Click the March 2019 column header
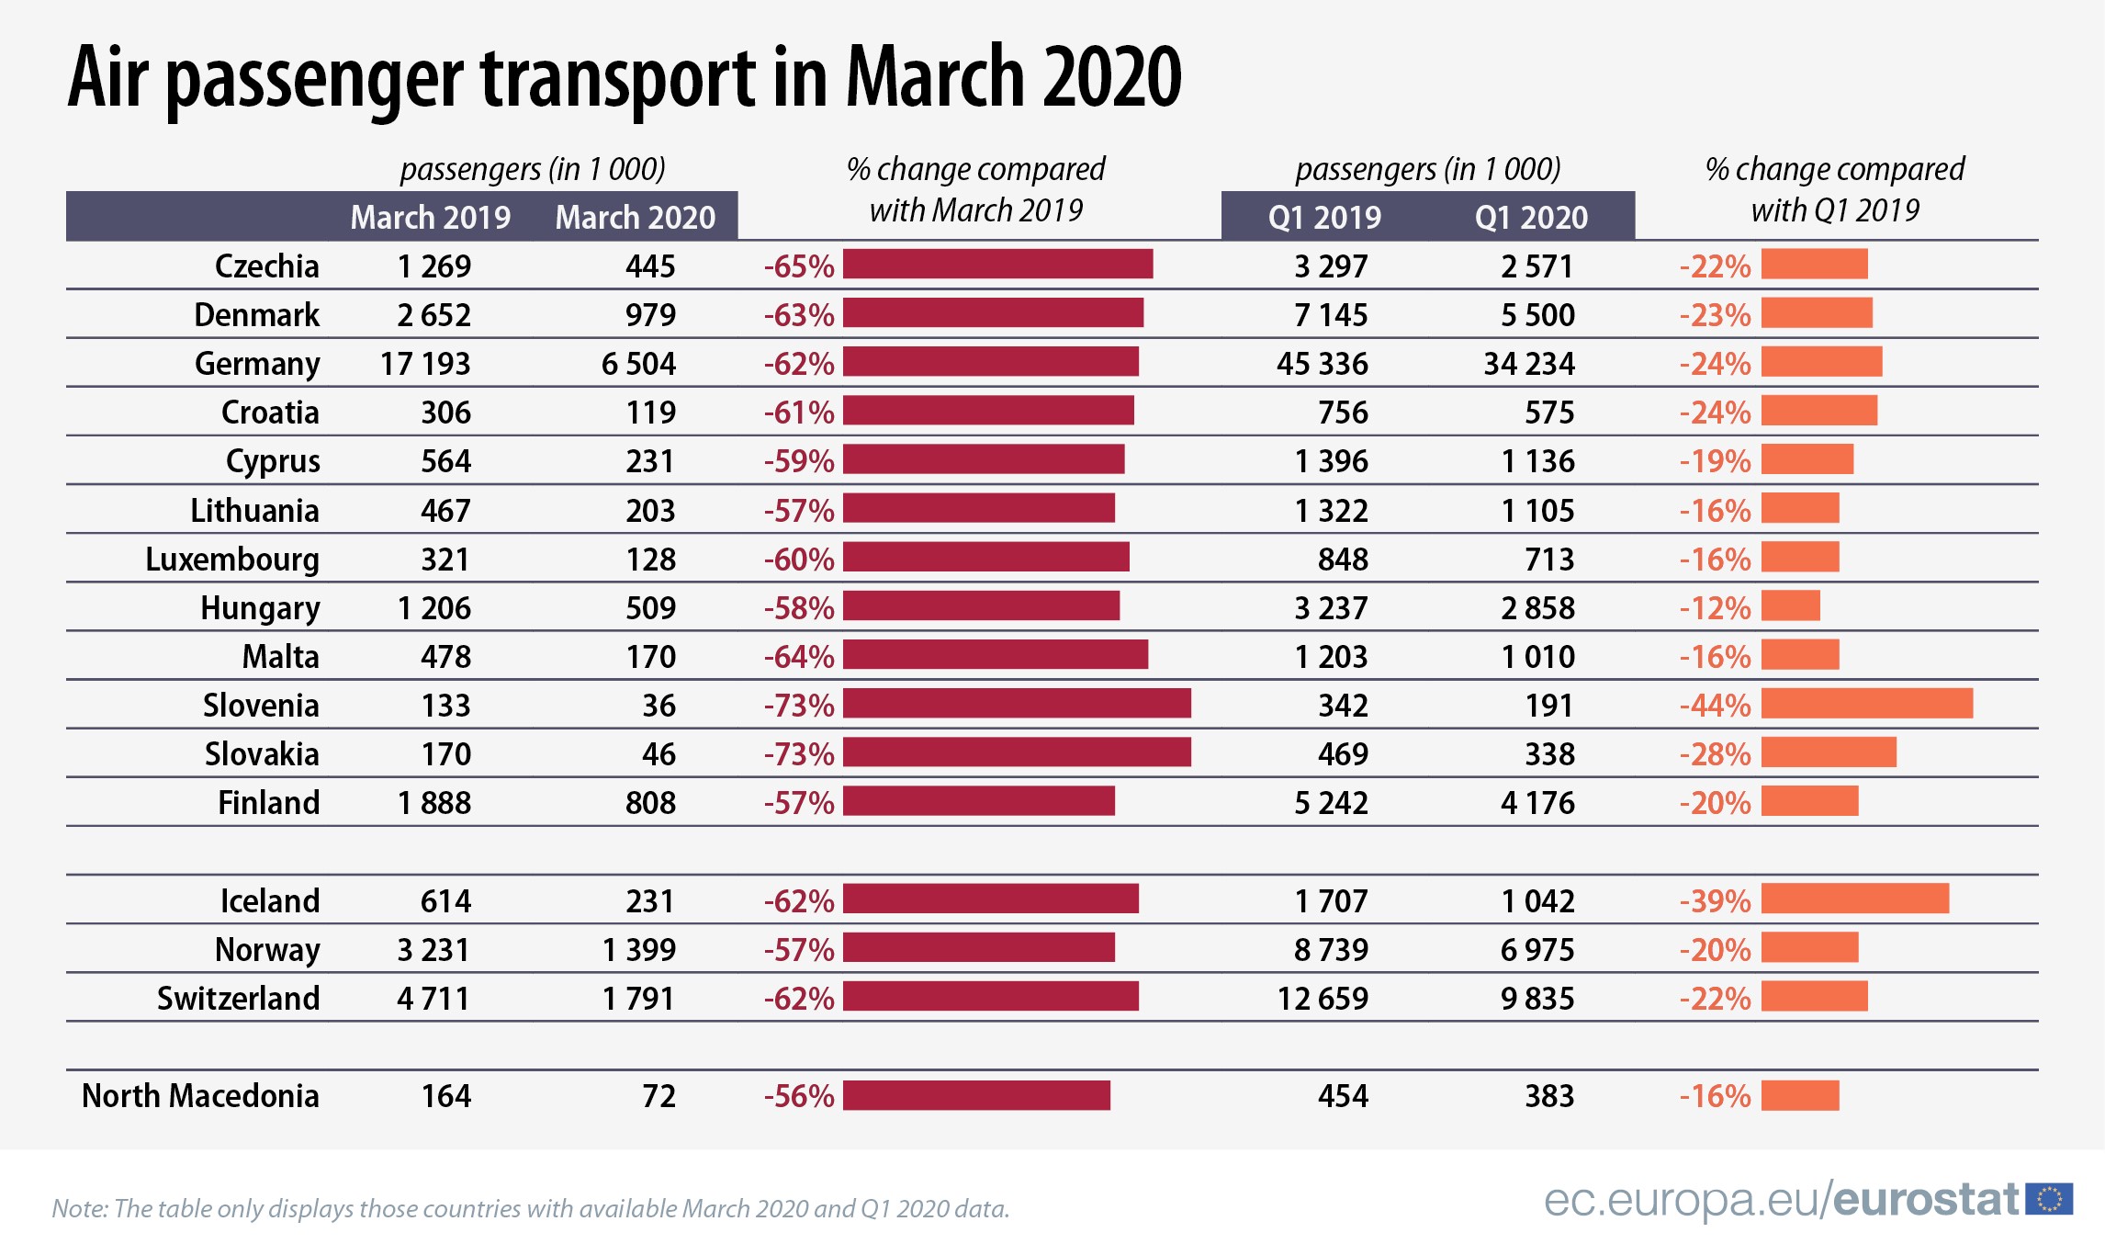point(430,218)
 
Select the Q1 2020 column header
point(1531,218)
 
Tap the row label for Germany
point(257,364)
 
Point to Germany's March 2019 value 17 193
point(425,364)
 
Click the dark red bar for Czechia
point(997,264)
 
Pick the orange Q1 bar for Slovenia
point(1866,704)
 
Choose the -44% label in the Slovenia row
point(1715,706)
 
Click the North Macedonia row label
point(200,1096)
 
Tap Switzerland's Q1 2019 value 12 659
point(1323,999)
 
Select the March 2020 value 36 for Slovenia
point(659,706)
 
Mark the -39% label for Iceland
point(1715,901)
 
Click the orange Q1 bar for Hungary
point(1790,606)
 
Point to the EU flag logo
point(2049,1199)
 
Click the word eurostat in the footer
point(1926,1200)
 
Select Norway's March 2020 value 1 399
point(638,950)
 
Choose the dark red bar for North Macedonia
point(976,1095)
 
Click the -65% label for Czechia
point(799,266)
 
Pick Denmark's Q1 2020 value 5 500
point(1537,315)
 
